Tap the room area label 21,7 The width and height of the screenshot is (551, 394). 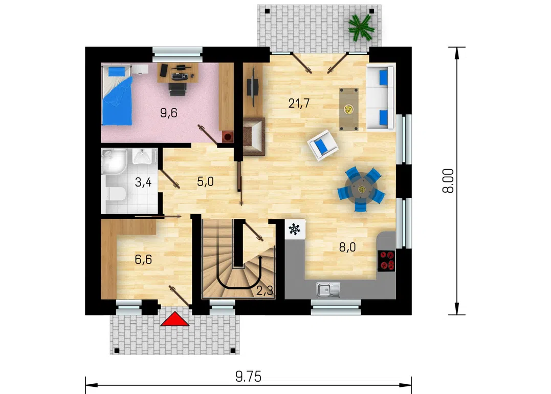[x=299, y=103]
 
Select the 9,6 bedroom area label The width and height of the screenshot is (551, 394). [x=169, y=113]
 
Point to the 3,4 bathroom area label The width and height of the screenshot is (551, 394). [x=143, y=182]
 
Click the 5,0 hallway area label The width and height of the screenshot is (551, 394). [x=205, y=181]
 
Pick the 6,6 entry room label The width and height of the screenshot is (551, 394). [x=143, y=260]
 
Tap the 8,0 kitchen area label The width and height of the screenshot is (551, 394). [x=347, y=247]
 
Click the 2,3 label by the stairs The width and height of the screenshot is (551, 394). [x=265, y=291]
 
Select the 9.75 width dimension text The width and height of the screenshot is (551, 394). [x=249, y=377]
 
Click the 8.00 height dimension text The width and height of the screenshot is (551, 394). [x=448, y=181]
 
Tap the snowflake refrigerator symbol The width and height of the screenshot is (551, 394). [x=295, y=230]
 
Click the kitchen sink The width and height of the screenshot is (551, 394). [x=328, y=289]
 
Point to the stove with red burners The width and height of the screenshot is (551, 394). [x=386, y=261]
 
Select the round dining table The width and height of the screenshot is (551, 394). [x=361, y=189]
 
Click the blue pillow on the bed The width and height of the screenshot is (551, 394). [x=115, y=72]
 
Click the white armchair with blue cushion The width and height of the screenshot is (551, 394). [x=323, y=145]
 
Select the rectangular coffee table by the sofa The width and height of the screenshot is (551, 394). [x=349, y=110]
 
